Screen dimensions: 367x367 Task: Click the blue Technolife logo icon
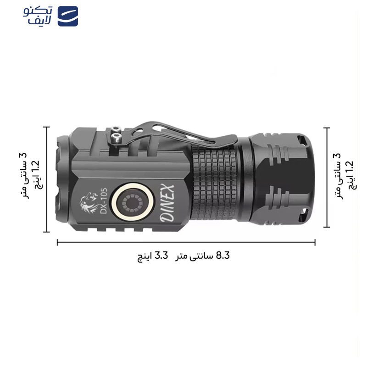click(x=67, y=16)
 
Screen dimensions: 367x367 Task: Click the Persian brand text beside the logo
click(x=38, y=16)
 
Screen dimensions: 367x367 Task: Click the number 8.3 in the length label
click(x=222, y=256)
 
